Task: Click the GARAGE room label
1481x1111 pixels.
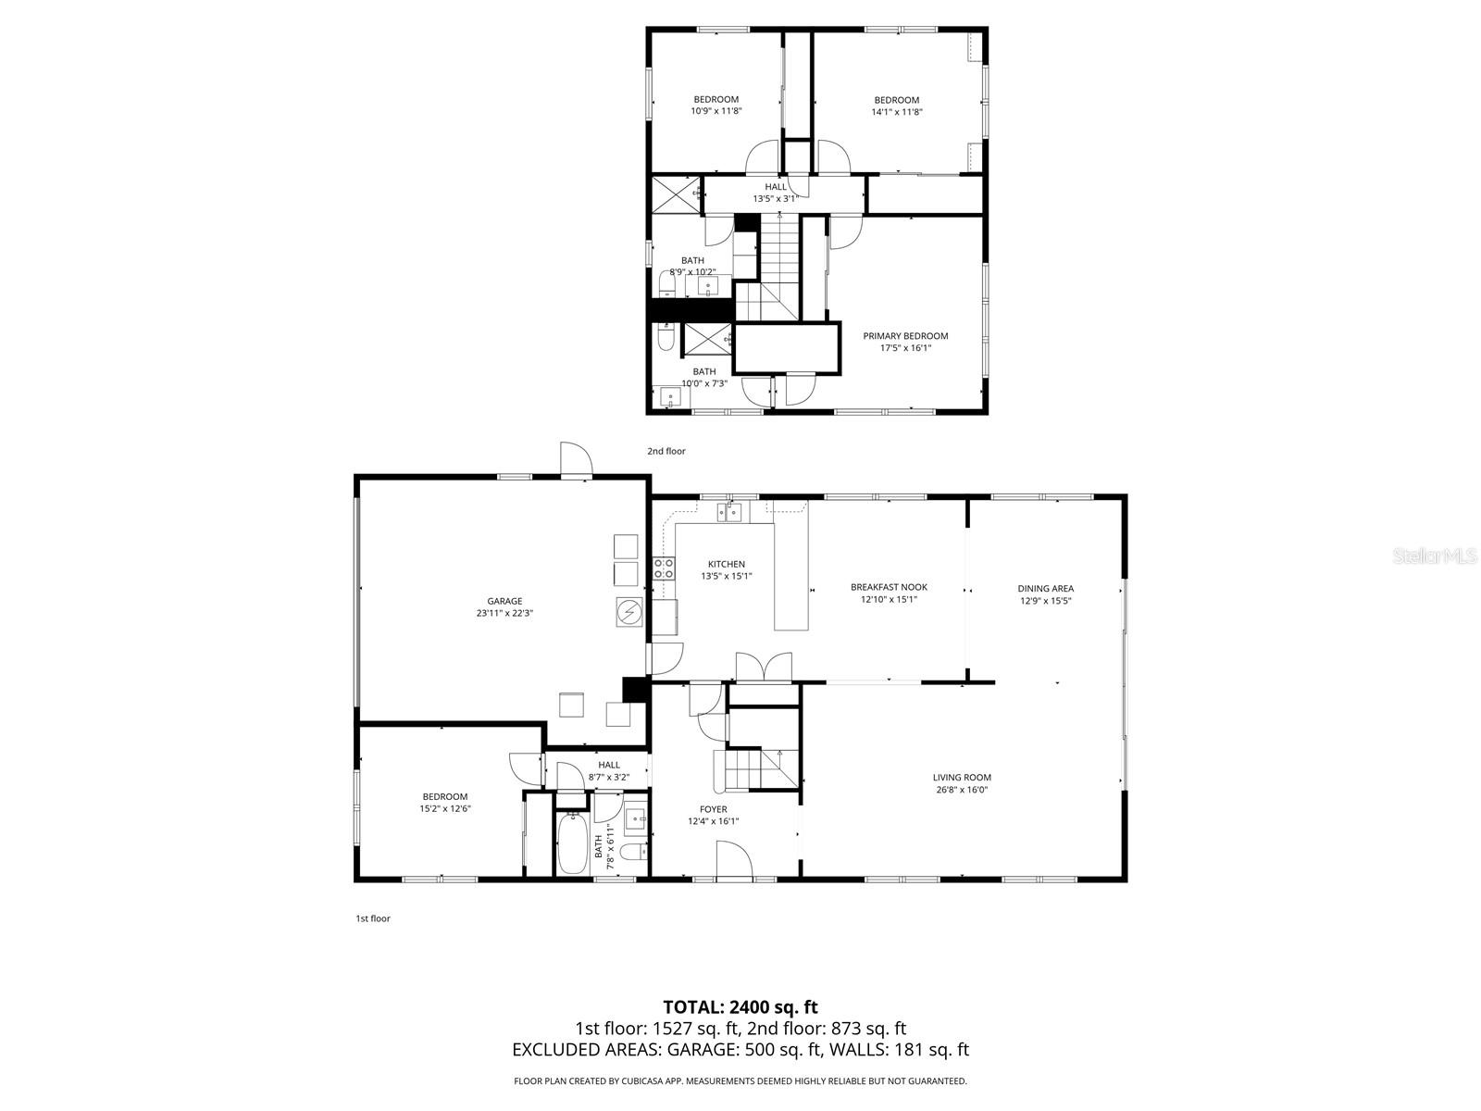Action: tap(504, 601)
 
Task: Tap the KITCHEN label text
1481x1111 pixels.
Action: tap(726, 564)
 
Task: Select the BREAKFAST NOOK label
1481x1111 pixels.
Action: tap(889, 587)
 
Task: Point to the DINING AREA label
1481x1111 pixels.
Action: tap(1045, 588)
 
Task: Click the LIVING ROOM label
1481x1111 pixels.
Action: tap(962, 778)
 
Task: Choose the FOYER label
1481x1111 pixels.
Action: tap(713, 809)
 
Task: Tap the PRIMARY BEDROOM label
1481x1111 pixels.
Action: tap(905, 336)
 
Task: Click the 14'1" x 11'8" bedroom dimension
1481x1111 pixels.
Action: tap(896, 112)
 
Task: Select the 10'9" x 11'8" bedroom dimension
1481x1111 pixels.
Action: tap(716, 111)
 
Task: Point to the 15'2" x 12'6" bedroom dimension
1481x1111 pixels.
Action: tap(445, 808)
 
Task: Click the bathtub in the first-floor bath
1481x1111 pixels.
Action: tap(572, 843)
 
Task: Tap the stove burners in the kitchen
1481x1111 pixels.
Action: tap(664, 568)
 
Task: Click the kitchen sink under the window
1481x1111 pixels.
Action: tap(731, 511)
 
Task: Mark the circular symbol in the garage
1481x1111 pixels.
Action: tap(628, 612)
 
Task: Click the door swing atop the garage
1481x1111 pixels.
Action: tap(575, 458)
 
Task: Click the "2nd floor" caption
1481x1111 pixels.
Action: tap(666, 451)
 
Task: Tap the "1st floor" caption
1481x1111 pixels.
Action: tap(373, 918)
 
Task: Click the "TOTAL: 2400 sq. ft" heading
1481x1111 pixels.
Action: tap(740, 1006)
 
